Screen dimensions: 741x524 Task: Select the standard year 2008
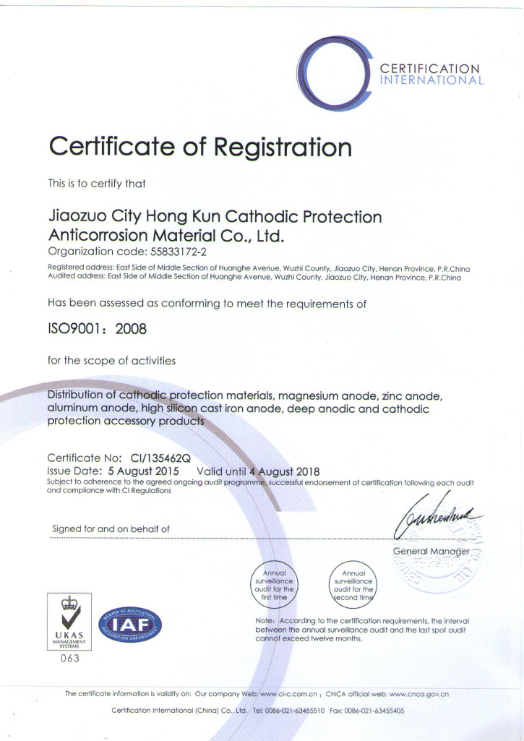coord(131,329)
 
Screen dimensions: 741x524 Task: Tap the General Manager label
coord(431,552)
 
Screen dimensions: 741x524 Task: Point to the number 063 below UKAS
coord(69,658)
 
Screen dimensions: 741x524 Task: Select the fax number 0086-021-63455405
coord(377,711)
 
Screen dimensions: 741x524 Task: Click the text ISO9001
coord(72,329)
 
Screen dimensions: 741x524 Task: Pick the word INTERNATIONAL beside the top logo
coord(432,80)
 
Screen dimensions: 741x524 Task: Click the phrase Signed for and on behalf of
coord(111,529)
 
